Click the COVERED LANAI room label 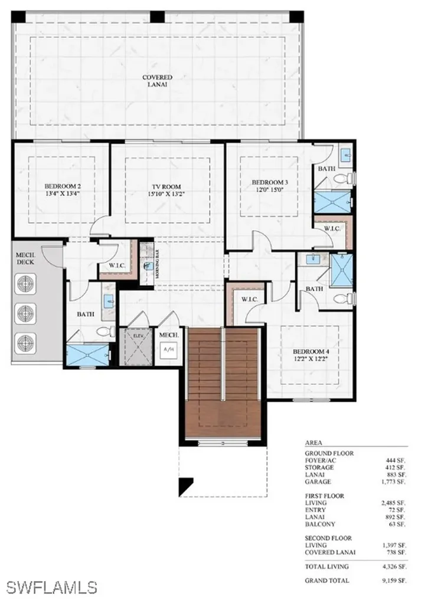point(157,81)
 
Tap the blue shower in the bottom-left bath point(87,355)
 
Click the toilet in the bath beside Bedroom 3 point(342,178)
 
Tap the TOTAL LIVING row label point(326,566)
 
